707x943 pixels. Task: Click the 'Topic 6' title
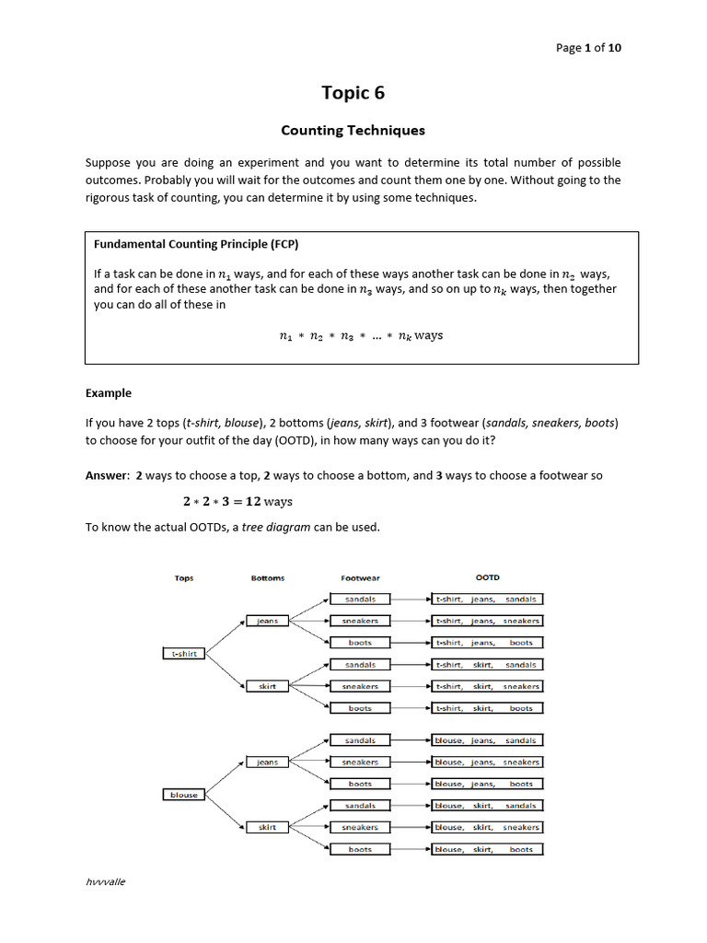point(353,92)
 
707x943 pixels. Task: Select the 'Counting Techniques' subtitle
point(353,130)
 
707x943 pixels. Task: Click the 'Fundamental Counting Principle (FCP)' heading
point(196,244)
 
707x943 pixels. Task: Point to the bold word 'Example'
point(109,393)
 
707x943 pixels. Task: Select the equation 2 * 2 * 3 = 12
point(236,502)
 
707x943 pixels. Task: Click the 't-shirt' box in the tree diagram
point(184,654)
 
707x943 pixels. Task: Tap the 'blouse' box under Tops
point(184,795)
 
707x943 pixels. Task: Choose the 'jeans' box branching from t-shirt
point(267,621)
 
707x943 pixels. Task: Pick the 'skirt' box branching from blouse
point(267,827)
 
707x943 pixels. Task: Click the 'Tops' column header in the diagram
point(184,578)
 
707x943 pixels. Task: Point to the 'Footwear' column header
point(360,578)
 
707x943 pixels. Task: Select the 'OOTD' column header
point(487,577)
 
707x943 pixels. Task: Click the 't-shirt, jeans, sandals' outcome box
point(487,599)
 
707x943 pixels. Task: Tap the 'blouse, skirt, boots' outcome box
point(487,849)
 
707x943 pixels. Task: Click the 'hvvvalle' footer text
point(105,881)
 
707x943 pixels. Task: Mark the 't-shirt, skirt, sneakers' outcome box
point(487,686)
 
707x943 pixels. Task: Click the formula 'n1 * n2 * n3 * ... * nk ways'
point(360,336)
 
